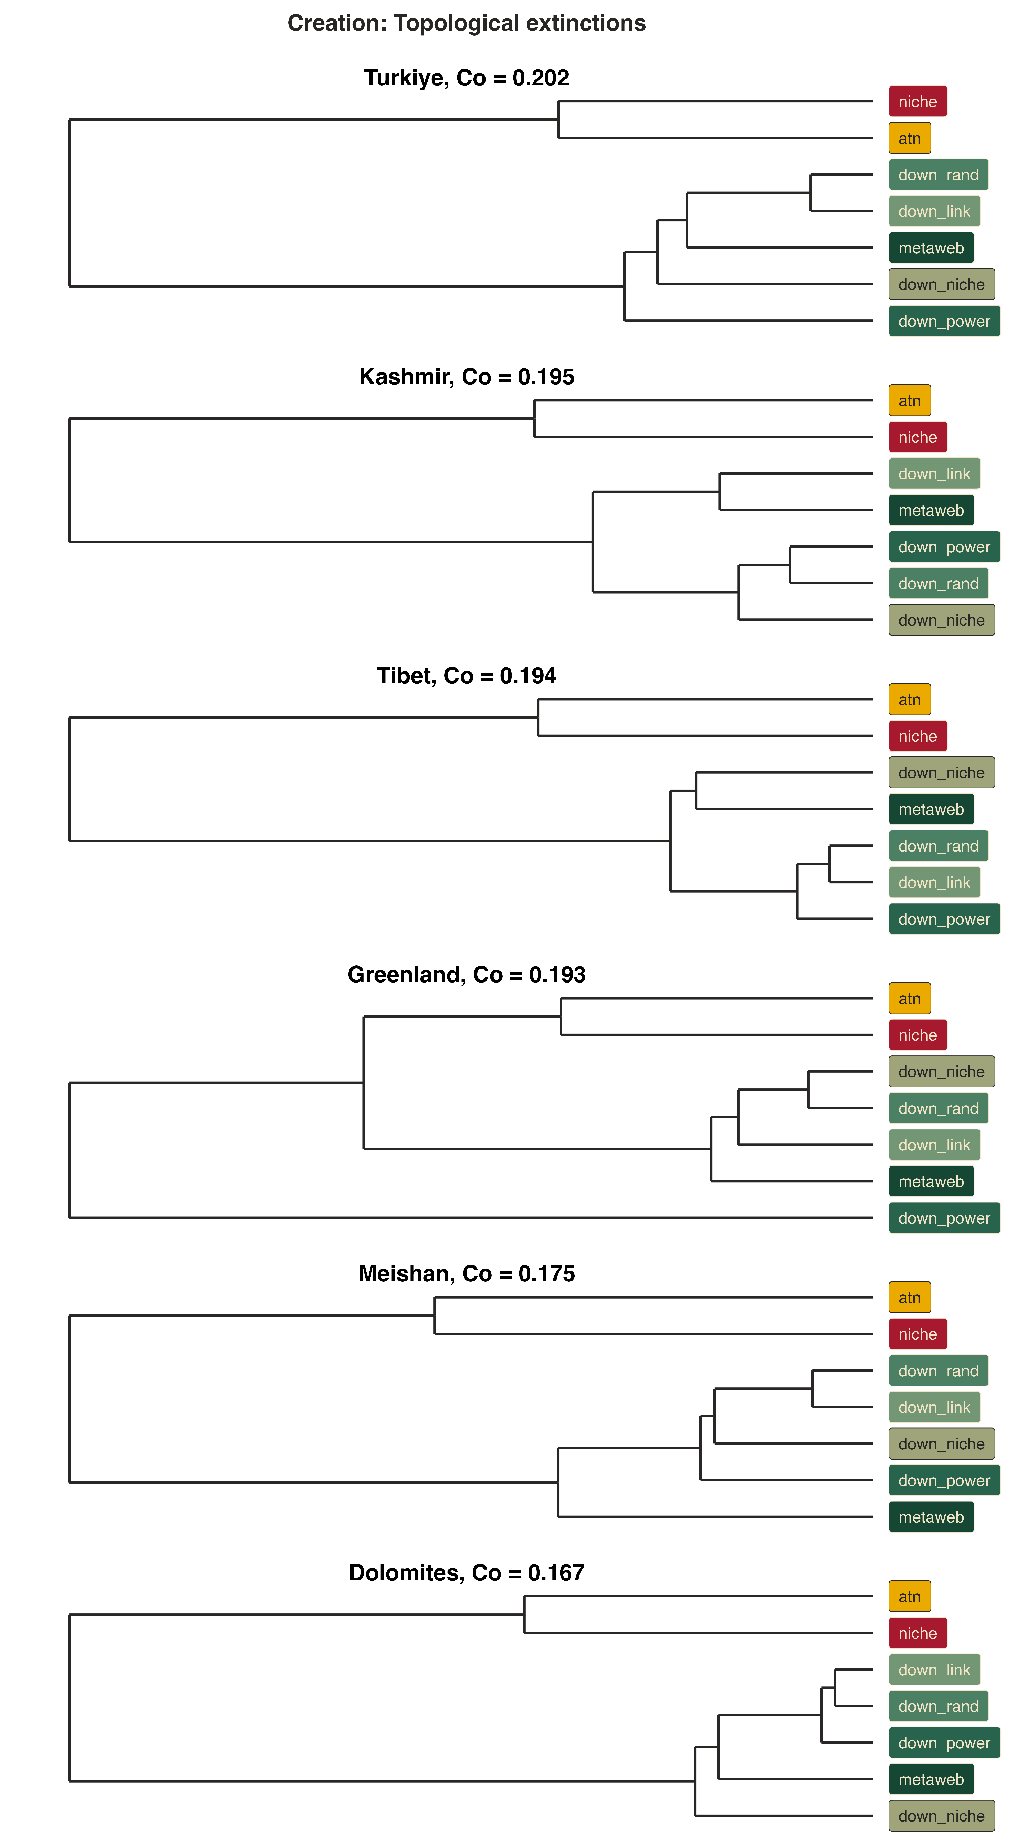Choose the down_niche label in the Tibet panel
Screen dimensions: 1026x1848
[x=941, y=773]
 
